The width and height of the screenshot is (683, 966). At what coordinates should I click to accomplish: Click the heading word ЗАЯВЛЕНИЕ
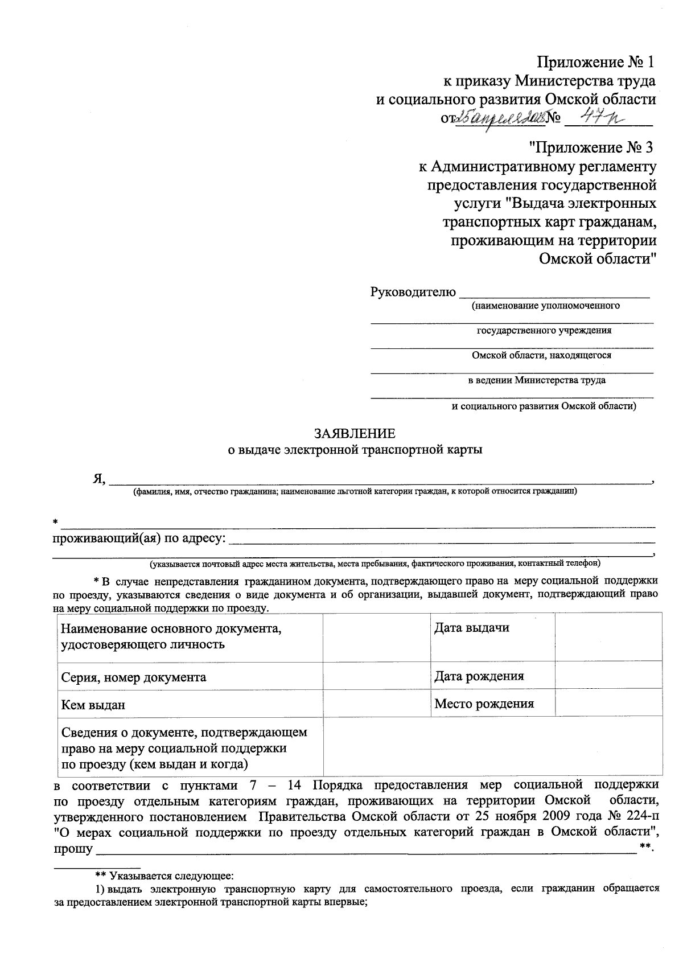(355, 434)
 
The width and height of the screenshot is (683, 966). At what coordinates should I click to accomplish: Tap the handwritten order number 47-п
(598, 117)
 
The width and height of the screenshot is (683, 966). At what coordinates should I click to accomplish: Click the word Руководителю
(413, 293)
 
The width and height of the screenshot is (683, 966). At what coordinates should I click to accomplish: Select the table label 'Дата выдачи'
(471, 628)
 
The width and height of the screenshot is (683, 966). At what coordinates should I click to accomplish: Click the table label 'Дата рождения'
(479, 676)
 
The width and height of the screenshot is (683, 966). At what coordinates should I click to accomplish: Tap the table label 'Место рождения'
(484, 704)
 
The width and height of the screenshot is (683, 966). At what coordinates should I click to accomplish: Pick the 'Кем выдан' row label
(93, 705)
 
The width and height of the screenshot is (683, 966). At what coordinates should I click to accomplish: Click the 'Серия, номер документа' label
(134, 677)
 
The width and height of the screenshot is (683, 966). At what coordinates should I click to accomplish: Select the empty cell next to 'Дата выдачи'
(608, 636)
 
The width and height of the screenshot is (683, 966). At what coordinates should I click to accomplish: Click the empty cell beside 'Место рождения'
(608, 704)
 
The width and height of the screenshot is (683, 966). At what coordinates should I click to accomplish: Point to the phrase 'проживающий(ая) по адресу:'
(139, 539)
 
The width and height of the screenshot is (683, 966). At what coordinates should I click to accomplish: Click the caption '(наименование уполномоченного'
(545, 306)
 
